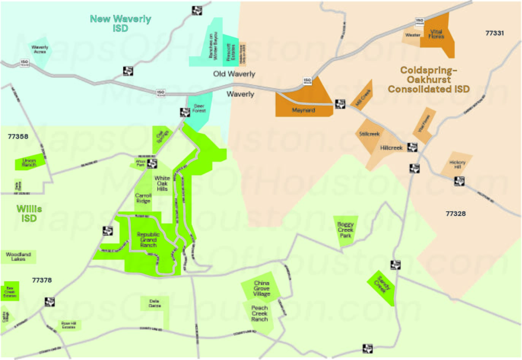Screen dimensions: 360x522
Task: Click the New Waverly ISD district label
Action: click(x=120, y=23)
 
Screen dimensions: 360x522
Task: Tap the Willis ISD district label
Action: click(x=29, y=213)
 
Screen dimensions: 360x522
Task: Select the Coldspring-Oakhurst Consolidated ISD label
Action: click(x=428, y=79)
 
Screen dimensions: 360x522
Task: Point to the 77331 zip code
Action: click(x=494, y=33)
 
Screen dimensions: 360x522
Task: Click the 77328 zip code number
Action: click(x=455, y=214)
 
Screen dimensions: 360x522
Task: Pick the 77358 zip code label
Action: click(x=18, y=136)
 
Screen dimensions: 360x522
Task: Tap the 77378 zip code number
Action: click(x=42, y=280)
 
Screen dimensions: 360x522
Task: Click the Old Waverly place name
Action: click(x=234, y=74)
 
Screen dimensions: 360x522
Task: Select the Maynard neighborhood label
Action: click(x=303, y=110)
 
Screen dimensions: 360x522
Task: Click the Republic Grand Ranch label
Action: click(x=148, y=240)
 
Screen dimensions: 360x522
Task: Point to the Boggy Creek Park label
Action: click(x=345, y=230)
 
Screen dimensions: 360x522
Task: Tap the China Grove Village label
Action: click(x=262, y=289)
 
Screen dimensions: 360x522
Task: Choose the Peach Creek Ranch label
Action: click(x=259, y=314)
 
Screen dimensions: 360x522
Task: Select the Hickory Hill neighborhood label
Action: click(x=457, y=164)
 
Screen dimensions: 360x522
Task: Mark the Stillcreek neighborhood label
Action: click(x=369, y=134)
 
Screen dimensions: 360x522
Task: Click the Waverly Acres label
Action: click(x=40, y=49)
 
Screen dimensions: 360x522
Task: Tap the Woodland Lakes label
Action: click(x=18, y=256)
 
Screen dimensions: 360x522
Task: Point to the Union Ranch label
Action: click(x=29, y=163)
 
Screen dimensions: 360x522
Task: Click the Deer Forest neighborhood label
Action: click(x=199, y=108)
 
